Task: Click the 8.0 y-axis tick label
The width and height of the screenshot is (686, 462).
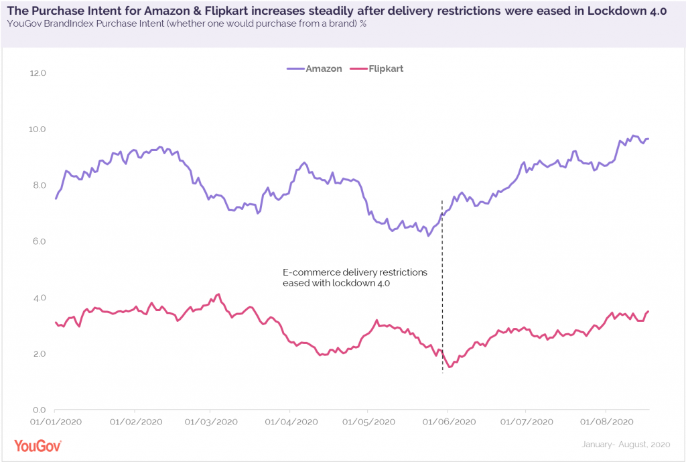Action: coord(38,185)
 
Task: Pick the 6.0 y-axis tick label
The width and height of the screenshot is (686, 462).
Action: coord(38,241)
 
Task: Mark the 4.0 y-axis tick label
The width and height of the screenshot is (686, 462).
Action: coord(38,298)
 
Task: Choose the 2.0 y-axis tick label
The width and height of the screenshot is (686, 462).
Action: coord(38,353)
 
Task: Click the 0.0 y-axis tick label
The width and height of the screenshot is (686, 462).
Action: coord(38,410)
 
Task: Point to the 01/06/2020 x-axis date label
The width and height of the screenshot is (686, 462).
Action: coord(448,422)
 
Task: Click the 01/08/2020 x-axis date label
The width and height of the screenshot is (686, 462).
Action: coord(606,422)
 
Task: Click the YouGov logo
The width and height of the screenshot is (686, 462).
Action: coord(38,445)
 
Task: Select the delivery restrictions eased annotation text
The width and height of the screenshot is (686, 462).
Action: coord(354,278)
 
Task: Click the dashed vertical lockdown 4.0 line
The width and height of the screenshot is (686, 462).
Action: coord(442,302)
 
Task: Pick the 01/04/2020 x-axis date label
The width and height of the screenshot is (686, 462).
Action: coord(290,422)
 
